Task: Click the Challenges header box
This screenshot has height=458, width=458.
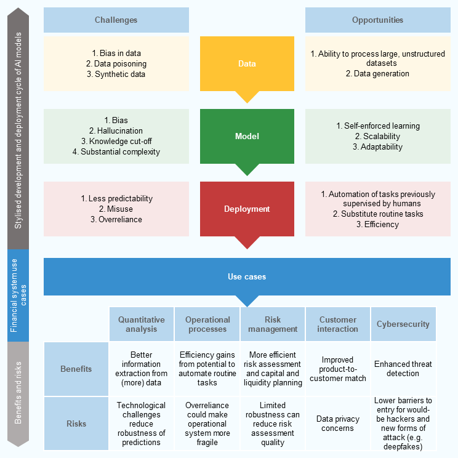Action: coord(116,20)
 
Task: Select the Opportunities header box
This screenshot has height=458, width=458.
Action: coord(377,20)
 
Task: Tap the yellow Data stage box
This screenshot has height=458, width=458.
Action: coord(247,64)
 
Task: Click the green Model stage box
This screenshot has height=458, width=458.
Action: coord(247,136)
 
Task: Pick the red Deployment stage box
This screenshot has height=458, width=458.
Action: coord(247,209)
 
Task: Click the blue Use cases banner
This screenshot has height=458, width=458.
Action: coord(247,276)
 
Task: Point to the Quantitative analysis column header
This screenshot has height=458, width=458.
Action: coord(142,324)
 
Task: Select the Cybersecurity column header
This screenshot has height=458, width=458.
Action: coord(403,324)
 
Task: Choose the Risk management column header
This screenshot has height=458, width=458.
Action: coord(273,324)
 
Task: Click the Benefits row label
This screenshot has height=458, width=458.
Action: coord(76,369)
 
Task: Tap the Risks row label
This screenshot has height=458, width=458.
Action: coord(76,424)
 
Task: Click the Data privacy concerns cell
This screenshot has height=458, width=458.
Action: coord(338,424)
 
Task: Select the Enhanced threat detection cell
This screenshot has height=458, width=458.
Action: coord(403,369)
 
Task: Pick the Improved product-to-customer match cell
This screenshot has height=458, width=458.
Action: coord(338,369)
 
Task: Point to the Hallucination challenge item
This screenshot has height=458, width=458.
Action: coord(116,131)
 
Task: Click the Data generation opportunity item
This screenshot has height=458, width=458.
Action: coord(377,74)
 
